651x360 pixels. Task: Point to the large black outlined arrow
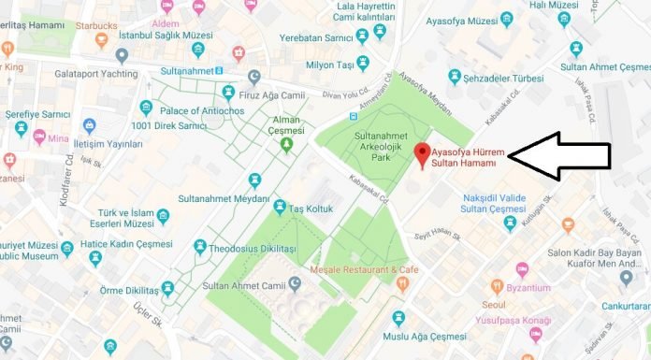point(558,155)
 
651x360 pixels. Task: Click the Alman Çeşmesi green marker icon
point(286,143)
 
